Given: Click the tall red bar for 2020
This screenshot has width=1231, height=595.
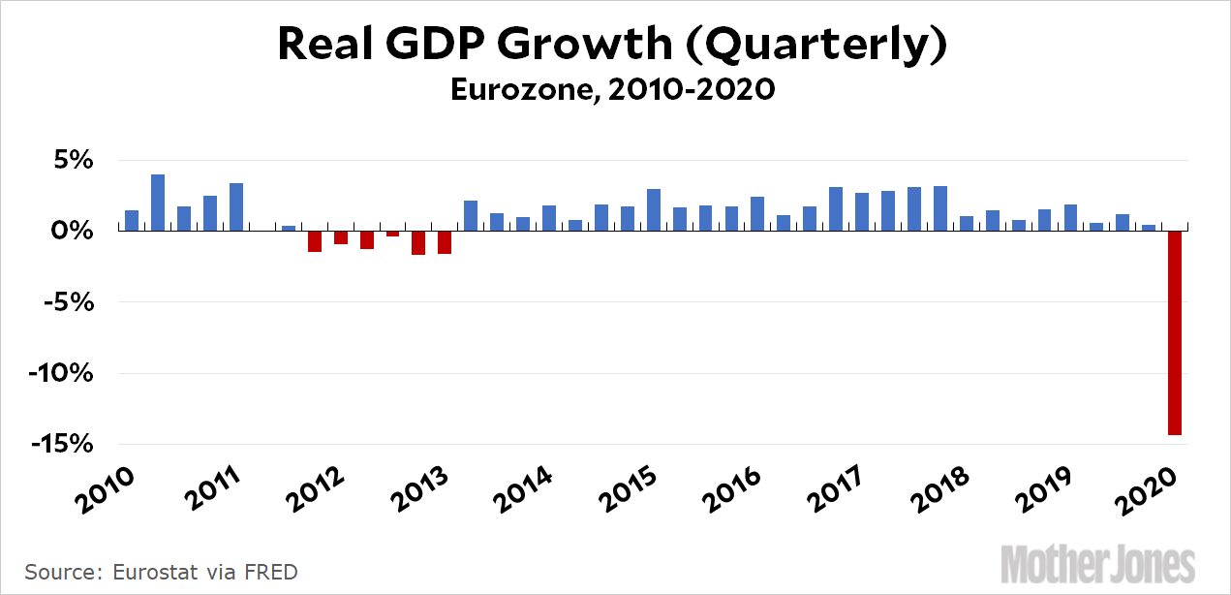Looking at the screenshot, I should [x=1174, y=332].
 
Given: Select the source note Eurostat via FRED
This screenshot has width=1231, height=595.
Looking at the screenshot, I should [x=161, y=572].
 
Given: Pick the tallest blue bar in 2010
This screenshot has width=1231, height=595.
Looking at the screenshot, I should [x=158, y=203].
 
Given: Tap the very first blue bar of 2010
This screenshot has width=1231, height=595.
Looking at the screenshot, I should [x=132, y=221].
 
